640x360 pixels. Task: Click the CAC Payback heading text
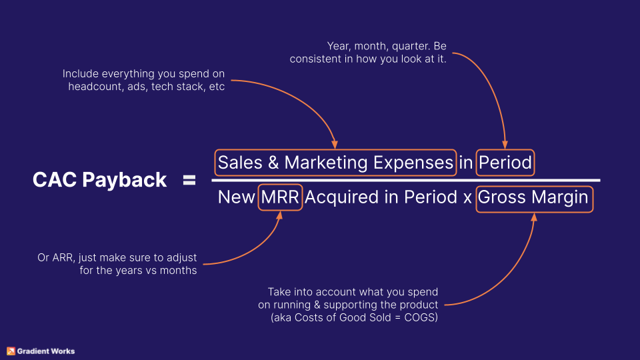99,180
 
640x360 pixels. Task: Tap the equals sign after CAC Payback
189,180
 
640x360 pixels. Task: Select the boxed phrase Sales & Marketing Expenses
335,162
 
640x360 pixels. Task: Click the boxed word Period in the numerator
505,162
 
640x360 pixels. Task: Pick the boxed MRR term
281,197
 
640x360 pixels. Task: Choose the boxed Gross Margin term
533,197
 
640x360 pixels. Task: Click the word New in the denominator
236,197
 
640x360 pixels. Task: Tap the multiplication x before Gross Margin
467,198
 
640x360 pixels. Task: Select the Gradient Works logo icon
11,351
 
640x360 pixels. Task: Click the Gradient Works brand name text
46,351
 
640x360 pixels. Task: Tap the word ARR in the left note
62,258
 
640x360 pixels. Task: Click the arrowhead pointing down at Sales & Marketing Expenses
334,145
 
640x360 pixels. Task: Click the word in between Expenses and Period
465,162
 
